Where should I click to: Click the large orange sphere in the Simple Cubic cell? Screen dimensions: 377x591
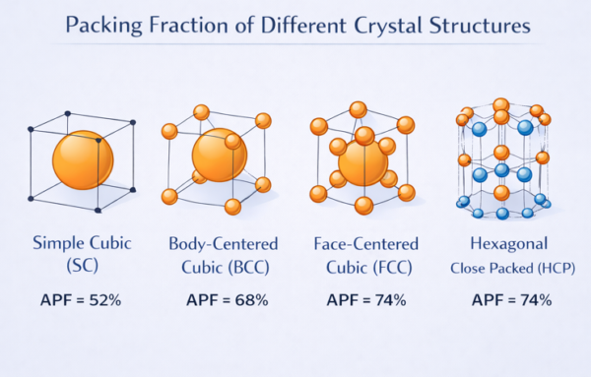(83, 160)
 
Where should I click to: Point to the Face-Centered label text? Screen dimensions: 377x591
(365, 242)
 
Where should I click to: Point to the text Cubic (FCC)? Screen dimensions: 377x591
(365, 266)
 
